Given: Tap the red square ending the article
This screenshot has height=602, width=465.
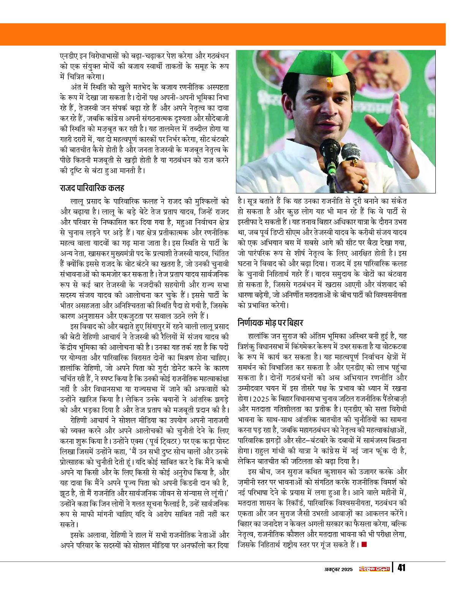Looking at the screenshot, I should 364,545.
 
